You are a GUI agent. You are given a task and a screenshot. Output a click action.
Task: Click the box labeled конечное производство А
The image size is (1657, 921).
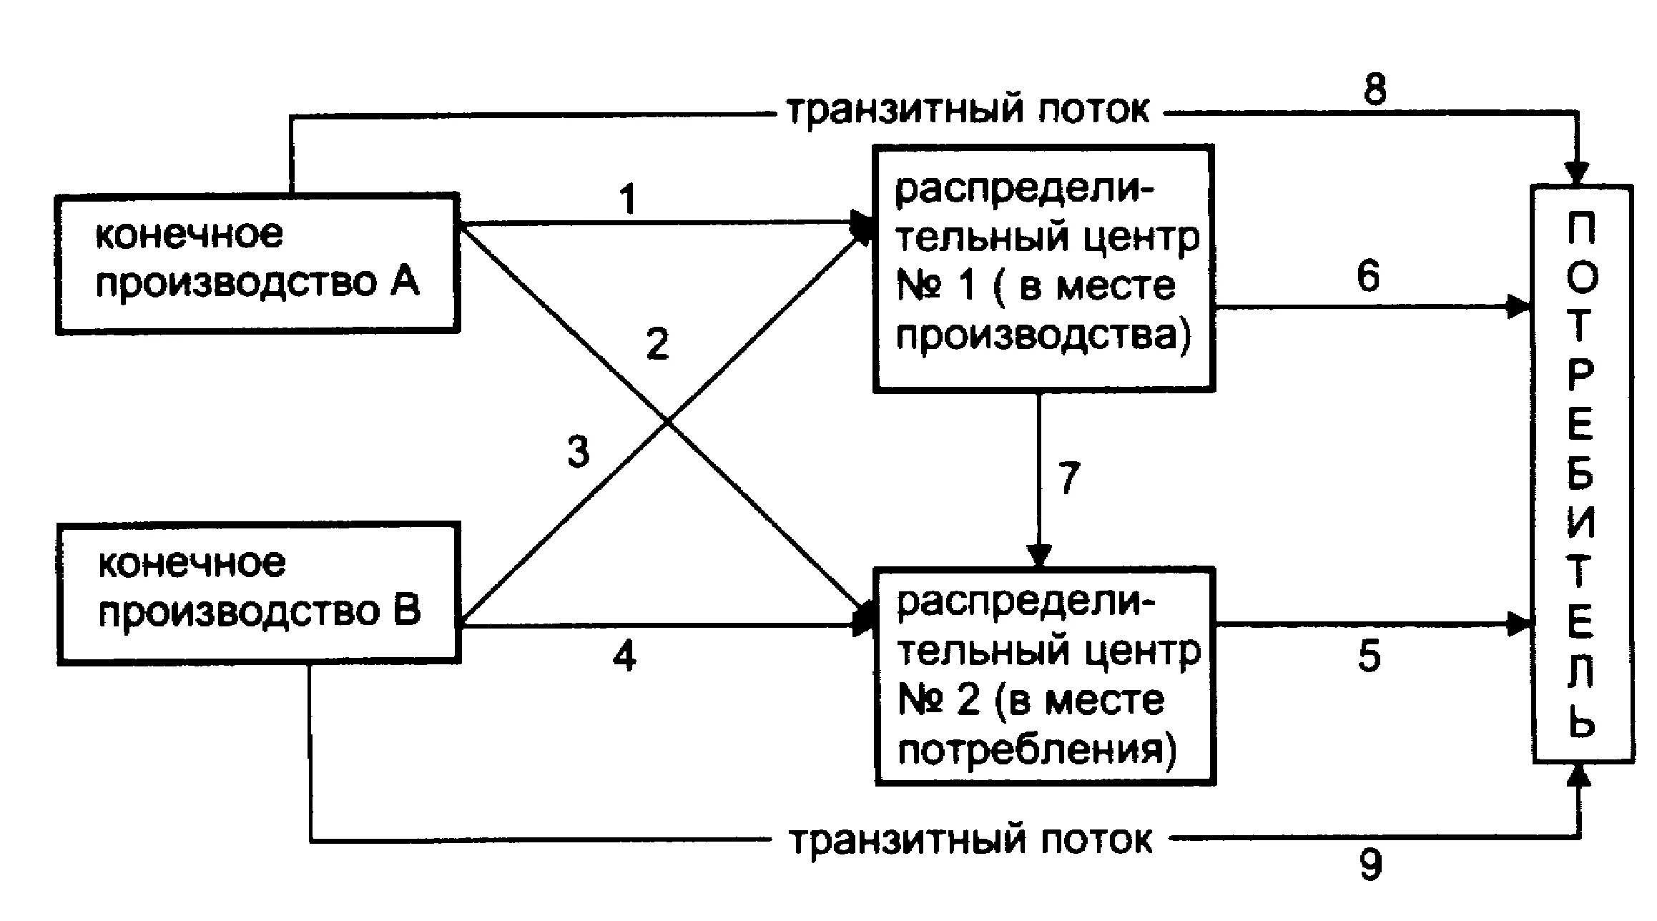coord(257,263)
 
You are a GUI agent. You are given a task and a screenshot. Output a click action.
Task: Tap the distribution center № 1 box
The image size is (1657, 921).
coord(1043,268)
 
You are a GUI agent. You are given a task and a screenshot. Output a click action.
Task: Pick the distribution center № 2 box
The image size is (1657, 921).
coord(1045,676)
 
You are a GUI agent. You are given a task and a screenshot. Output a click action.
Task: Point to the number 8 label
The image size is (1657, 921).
coord(1375,89)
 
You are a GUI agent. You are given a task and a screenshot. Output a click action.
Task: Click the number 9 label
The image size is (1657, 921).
coord(1370,865)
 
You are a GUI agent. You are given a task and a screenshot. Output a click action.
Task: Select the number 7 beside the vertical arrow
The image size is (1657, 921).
coord(1068,478)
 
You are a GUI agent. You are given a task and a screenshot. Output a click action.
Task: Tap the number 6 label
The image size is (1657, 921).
coord(1367,276)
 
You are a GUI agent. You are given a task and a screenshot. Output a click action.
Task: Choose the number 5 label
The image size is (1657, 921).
coord(1369,656)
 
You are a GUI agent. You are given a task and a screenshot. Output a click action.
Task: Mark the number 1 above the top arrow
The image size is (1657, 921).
coord(627,200)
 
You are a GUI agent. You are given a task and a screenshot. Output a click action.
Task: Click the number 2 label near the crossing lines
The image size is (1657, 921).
coord(657,344)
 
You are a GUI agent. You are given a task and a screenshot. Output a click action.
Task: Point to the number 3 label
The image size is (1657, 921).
coord(578,452)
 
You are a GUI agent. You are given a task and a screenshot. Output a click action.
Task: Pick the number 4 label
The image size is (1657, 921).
coord(624,656)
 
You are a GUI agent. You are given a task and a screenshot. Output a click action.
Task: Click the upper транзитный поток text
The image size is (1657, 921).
coord(968,111)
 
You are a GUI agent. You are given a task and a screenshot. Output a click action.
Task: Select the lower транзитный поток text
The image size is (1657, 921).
coord(970,840)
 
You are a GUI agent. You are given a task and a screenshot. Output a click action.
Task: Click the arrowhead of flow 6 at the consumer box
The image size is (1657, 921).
coord(1518,307)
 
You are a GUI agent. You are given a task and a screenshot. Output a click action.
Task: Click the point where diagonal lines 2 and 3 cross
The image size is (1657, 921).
coord(667,423)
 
